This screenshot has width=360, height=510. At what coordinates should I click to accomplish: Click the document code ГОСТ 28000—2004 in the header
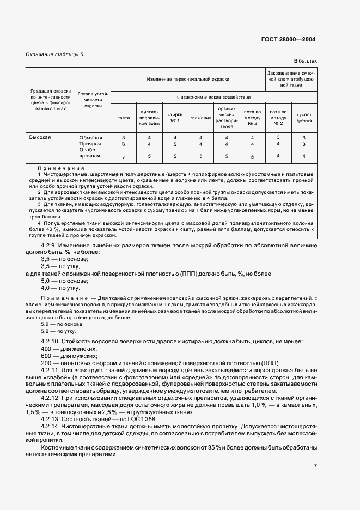point(288,40)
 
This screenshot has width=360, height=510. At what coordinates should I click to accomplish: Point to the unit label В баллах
point(305,61)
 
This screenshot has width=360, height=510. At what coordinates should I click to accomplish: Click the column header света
point(124,117)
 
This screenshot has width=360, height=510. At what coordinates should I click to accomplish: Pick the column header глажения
point(200,117)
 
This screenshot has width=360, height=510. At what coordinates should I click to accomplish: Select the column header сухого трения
point(303,117)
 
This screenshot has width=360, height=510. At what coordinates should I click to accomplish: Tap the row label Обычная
point(90,138)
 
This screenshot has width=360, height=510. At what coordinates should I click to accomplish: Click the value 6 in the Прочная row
point(124,144)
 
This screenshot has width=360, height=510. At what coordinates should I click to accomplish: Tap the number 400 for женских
point(46,348)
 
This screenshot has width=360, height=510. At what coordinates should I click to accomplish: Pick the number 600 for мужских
point(46,356)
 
